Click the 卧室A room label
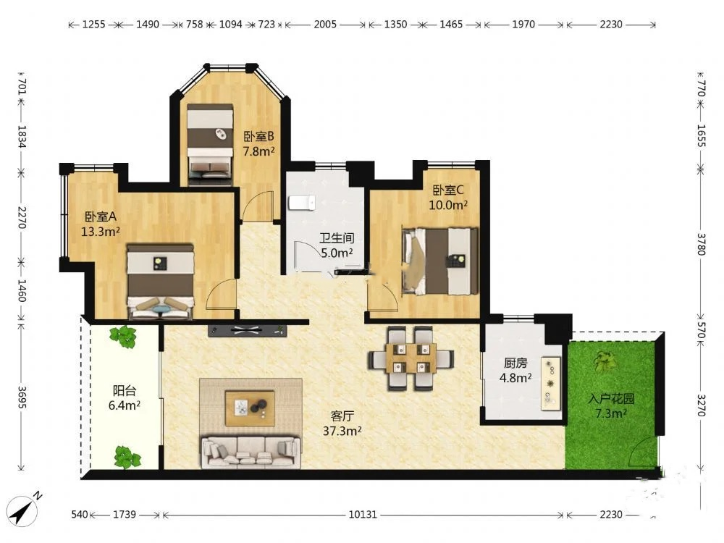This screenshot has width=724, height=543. click(x=101, y=216)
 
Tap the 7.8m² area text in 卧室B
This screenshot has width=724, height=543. click(x=259, y=151)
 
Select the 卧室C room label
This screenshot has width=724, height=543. click(x=448, y=190)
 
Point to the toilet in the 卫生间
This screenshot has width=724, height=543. click(x=301, y=203)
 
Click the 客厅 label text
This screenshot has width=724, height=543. click(x=342, y=416)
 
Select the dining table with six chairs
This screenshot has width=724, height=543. click(x=411, y=358)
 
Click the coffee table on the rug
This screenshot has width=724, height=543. click(x=250, y=408)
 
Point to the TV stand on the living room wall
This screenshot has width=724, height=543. click(x=248, y=330)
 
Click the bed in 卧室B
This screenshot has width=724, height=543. click(x=210, y=144)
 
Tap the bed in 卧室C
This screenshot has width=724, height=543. click(x=440, y=261)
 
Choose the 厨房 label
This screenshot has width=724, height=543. click(x=515, y=363)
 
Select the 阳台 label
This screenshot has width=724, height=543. click(x=125, y=391)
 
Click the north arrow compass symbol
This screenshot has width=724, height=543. click(x=25, y=509)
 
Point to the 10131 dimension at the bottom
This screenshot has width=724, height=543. click(x=363, y=514)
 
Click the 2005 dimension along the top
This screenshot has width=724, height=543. click(x=325, y=24)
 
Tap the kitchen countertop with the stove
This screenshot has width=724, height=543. click(x=551, y=383)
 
